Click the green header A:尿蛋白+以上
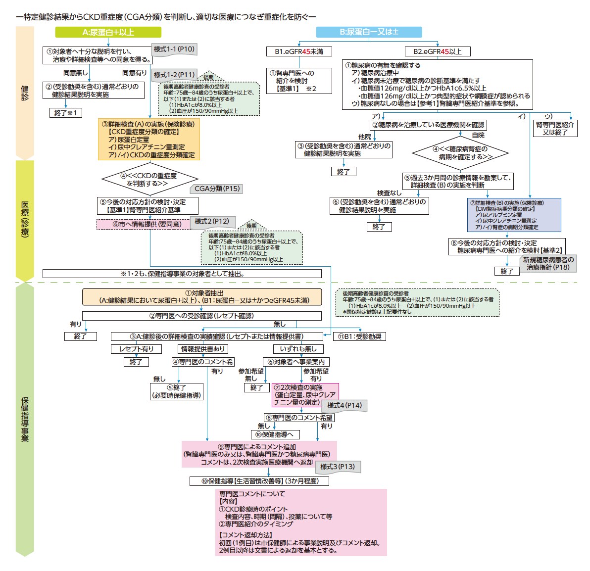(108, 32)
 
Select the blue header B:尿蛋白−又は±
(369, 32)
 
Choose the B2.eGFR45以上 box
(437, 51)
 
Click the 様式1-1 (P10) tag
(174, 49)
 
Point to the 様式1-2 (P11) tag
(174, 75)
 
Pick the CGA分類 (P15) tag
(217, 189)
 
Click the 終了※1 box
(66, 113)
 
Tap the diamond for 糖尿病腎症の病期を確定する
(460, 153)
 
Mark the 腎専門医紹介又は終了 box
(555, 129)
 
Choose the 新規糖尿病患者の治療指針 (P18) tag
(548, 263)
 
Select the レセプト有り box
(136, 349)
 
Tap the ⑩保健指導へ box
(274, 434)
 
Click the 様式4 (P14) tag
(344, 406)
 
